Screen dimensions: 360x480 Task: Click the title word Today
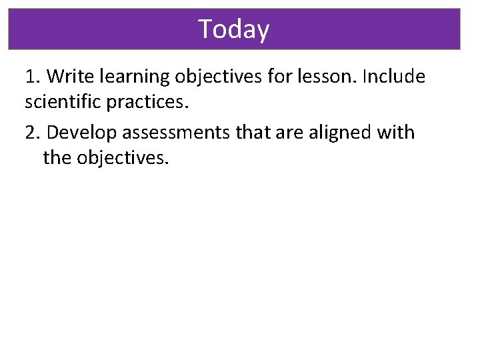(x=234, y=29)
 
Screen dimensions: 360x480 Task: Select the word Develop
(x=78, y=133)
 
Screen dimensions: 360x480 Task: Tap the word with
(x=397, y=133)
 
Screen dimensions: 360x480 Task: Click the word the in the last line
(x=57, y=159)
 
